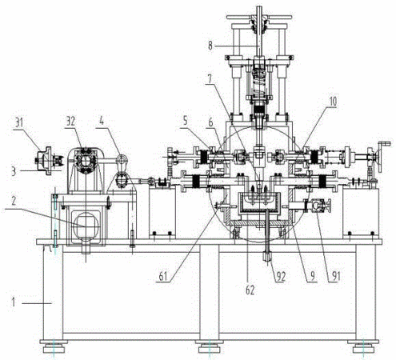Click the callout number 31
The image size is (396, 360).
pyautogui.click(x=18, y=123)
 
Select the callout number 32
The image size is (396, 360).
pyautogui.click(x=70, y=122)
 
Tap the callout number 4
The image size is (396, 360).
pyautogui.click(x=102, y=122)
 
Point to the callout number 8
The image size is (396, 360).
pyautogui.click(x=210, y=46)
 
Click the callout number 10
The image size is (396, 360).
pyautogui.click(x=332, y=102)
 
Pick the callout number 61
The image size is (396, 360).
pyautogui.click(x=162, y=277)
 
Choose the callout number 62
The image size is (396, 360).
pyautogui.click(x=250, y=290)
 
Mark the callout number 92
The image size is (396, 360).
pyautogui.click(x=281, y=277)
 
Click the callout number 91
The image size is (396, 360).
pyautogui.click(x=335, y=277)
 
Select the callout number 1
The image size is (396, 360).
pyautogui.click(x=13, y=302)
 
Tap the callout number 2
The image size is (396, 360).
pyautogui.click(x=14, y=202)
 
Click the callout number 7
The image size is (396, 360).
pyautogui.click(x=209, y=79)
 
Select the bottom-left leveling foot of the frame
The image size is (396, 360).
pyautogui.click(x=54, y=346)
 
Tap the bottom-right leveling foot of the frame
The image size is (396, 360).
pyautogui.click(x=363, y=346)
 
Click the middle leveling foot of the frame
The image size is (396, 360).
pyautogui.click(x=210, y=346)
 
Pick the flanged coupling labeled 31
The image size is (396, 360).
pyautogui.click(x=48, y=161)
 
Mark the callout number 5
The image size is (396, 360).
pyautogui.click(x=185, y=122)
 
